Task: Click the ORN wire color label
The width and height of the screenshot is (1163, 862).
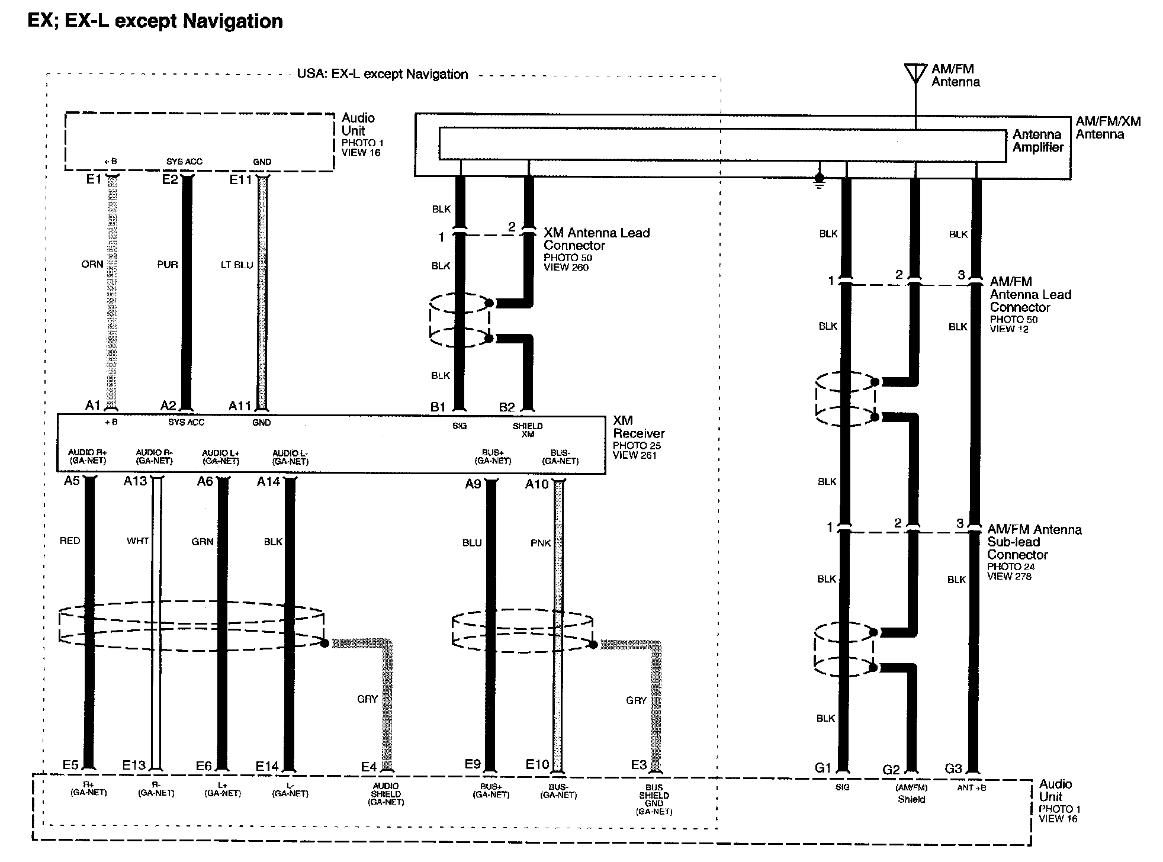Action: pos(92,265)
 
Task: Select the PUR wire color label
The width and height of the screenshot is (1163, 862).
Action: pos(168,265)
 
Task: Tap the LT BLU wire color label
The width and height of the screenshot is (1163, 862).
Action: pos(237,265)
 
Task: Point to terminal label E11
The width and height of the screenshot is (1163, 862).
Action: pos(241,180)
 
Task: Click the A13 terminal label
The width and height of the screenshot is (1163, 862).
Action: pos(135,481)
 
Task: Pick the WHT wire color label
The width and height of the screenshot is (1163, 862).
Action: pos(138,541)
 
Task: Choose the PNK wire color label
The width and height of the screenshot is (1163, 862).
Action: pos(541,543)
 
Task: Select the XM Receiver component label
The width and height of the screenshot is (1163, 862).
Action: pos(638,427)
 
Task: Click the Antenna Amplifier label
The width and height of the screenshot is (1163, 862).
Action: pos(1037,141)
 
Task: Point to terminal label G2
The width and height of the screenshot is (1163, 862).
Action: pos(891,770)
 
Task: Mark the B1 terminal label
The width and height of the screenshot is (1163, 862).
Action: pos(438,407)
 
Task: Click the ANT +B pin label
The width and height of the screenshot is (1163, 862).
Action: pos(972,788)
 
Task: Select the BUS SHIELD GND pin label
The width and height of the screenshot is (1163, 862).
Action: pos(654,799)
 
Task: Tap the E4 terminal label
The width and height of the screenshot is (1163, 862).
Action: pos(369,767)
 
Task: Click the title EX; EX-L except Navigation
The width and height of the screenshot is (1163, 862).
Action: pos(156,21)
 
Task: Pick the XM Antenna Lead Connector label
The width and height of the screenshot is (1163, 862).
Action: pos(596,239)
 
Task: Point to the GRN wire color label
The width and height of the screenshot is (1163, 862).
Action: pos(203,542)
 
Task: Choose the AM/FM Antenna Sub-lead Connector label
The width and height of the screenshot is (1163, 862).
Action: pos(1034,542)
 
